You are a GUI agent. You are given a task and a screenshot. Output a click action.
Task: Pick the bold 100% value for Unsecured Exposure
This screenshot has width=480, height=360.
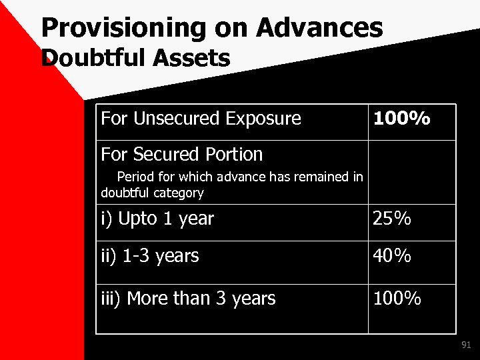click(401, 119)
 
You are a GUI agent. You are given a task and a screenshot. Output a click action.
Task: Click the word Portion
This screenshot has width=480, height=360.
click(231, 155)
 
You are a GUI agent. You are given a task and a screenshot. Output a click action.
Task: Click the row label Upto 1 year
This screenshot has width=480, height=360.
click(157, 218)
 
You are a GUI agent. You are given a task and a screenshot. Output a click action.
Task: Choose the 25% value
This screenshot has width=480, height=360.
click(392, 219)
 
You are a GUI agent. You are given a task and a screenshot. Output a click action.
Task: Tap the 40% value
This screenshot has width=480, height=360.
click(393, 256)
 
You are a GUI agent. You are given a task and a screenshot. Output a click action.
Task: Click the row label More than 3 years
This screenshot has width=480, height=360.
click(188, 298)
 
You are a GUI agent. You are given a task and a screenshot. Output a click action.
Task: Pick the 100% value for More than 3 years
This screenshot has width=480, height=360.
click(397, 299)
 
